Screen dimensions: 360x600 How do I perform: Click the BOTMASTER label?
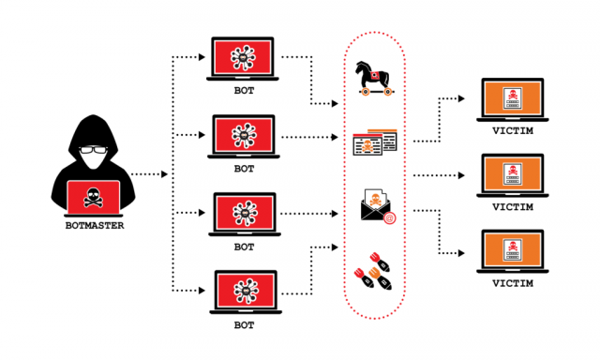coord(93,225)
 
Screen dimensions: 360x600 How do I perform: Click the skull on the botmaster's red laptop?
coord(93,197)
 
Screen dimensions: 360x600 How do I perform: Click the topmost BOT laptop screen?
coord(244,58)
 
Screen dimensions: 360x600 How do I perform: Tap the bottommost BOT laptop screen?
coord(244,291)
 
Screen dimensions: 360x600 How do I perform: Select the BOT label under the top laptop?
coord(244,93)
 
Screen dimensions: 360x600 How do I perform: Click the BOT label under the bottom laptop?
coord(244,325)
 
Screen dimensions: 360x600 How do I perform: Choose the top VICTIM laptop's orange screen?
coord(510,99)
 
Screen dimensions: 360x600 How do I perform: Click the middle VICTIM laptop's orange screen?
coord(510,174)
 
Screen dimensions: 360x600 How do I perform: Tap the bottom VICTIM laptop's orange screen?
coord(510,250)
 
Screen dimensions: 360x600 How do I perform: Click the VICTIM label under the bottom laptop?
coord(510,284)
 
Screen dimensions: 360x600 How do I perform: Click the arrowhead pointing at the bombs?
coord(334,247)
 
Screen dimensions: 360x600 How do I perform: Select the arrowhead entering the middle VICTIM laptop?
coord(465,175)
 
